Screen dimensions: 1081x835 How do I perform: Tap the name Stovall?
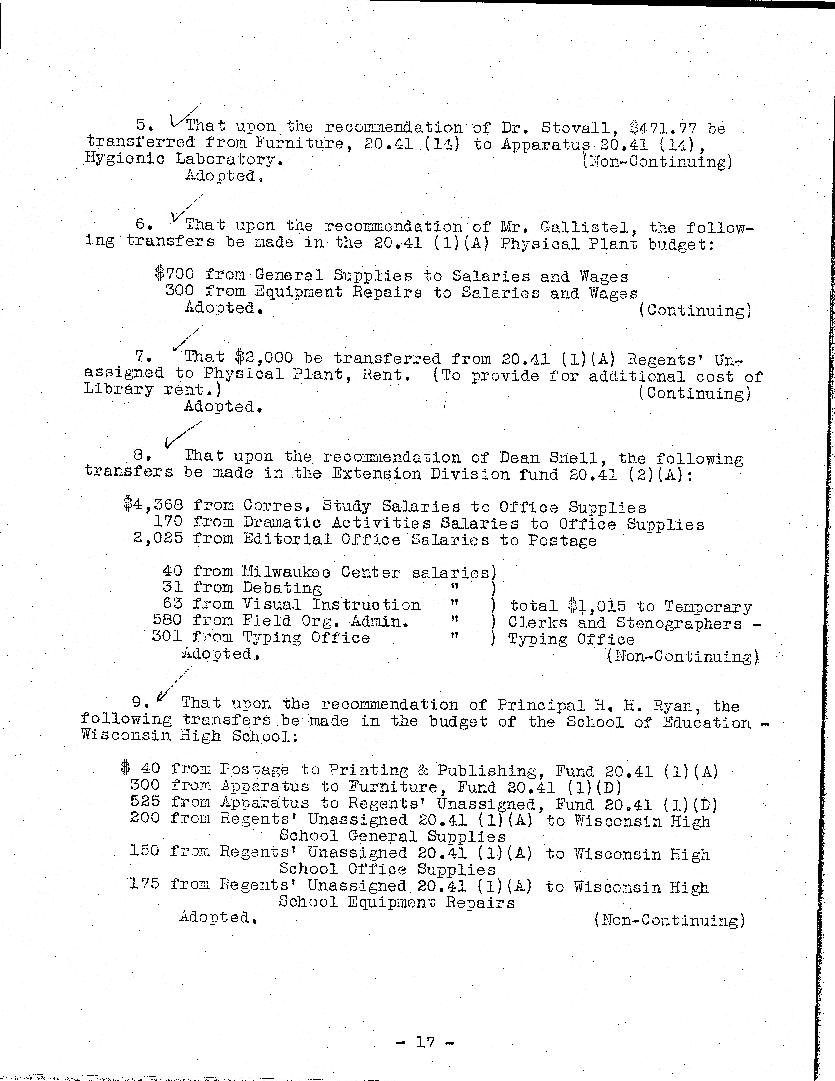(x=570, y=128)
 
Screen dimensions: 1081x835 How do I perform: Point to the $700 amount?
(x=174, y=274)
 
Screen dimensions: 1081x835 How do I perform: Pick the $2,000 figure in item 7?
(x=264, y=357)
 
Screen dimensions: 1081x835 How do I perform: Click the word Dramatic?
(x=282, y=523)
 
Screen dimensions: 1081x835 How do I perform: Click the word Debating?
(x=282, y=588)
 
